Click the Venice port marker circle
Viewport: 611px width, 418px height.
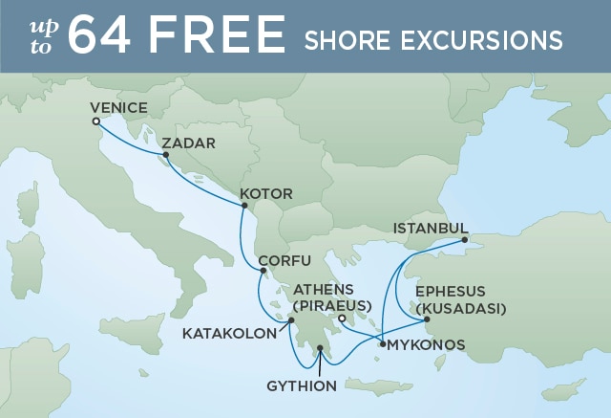[x=95, y=121]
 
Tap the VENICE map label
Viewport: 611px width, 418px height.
[x=120, y=108]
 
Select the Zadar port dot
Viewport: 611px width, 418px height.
[x=165, y=155]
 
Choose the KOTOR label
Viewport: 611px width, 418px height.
[x=266, y=194]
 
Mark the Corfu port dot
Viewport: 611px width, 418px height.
[x=263, y=270]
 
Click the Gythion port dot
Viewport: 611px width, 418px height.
[x=320, y=362]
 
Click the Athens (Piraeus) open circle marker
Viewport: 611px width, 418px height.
[x=342, y=319]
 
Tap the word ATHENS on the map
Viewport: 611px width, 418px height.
[x=323, y=289]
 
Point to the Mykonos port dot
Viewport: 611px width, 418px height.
[x=382, y=343]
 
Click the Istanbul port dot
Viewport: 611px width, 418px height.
[x=466, y=240]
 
